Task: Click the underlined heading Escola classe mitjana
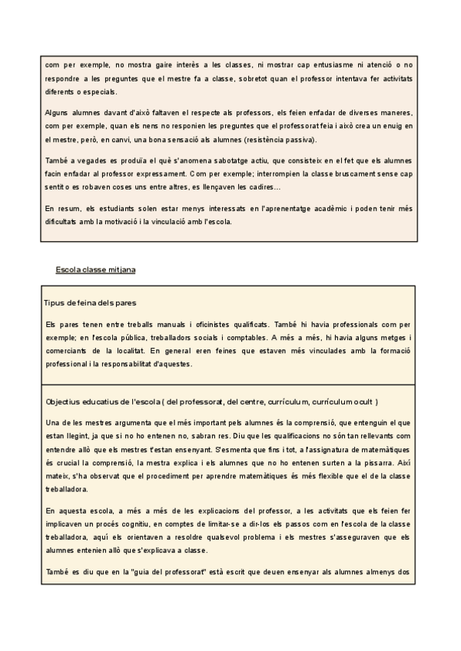[x=97, y=269]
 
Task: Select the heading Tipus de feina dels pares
[x=91, y=302]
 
